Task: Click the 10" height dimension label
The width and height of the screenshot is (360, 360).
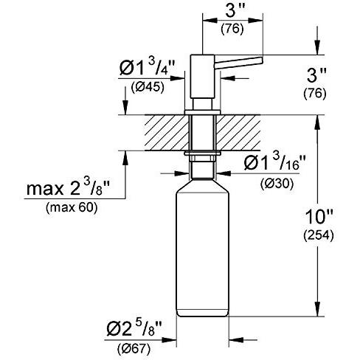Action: click(x=319, y=217)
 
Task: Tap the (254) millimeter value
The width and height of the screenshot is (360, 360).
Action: click(x=319, y=235)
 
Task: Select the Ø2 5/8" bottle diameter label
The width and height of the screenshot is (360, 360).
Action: click(x=134, y=329)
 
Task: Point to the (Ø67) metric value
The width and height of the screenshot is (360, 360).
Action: click(x=134, y=349)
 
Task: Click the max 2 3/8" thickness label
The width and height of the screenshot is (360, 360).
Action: click(x=68, y=188)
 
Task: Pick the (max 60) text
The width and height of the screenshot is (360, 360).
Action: click(x=72, y=208)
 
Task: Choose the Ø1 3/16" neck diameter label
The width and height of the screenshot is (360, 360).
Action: click(x=275, y=162)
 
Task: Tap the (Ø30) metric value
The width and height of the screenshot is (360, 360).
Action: click(x=277, y=184)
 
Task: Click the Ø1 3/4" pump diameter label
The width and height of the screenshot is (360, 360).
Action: click(x=147, y=67)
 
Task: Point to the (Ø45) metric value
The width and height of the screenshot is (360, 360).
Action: click(x=148, y=87)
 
